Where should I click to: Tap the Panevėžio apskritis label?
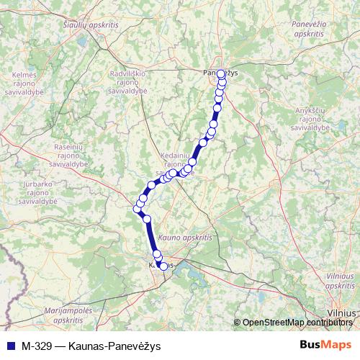tap(309, 29)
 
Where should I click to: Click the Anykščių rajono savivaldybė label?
tap(315, 119)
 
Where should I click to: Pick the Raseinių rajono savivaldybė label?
tap(70, 155)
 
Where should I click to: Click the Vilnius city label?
tap(343, 313)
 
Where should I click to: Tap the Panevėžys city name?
tap(220, 73)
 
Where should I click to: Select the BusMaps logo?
tap(326, 343)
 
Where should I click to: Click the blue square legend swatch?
tap(9, 344)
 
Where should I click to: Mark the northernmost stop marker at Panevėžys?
tap(221, 73)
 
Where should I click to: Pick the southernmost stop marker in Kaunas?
tap(163, 266)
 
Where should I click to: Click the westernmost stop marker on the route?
tap(136, 209)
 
